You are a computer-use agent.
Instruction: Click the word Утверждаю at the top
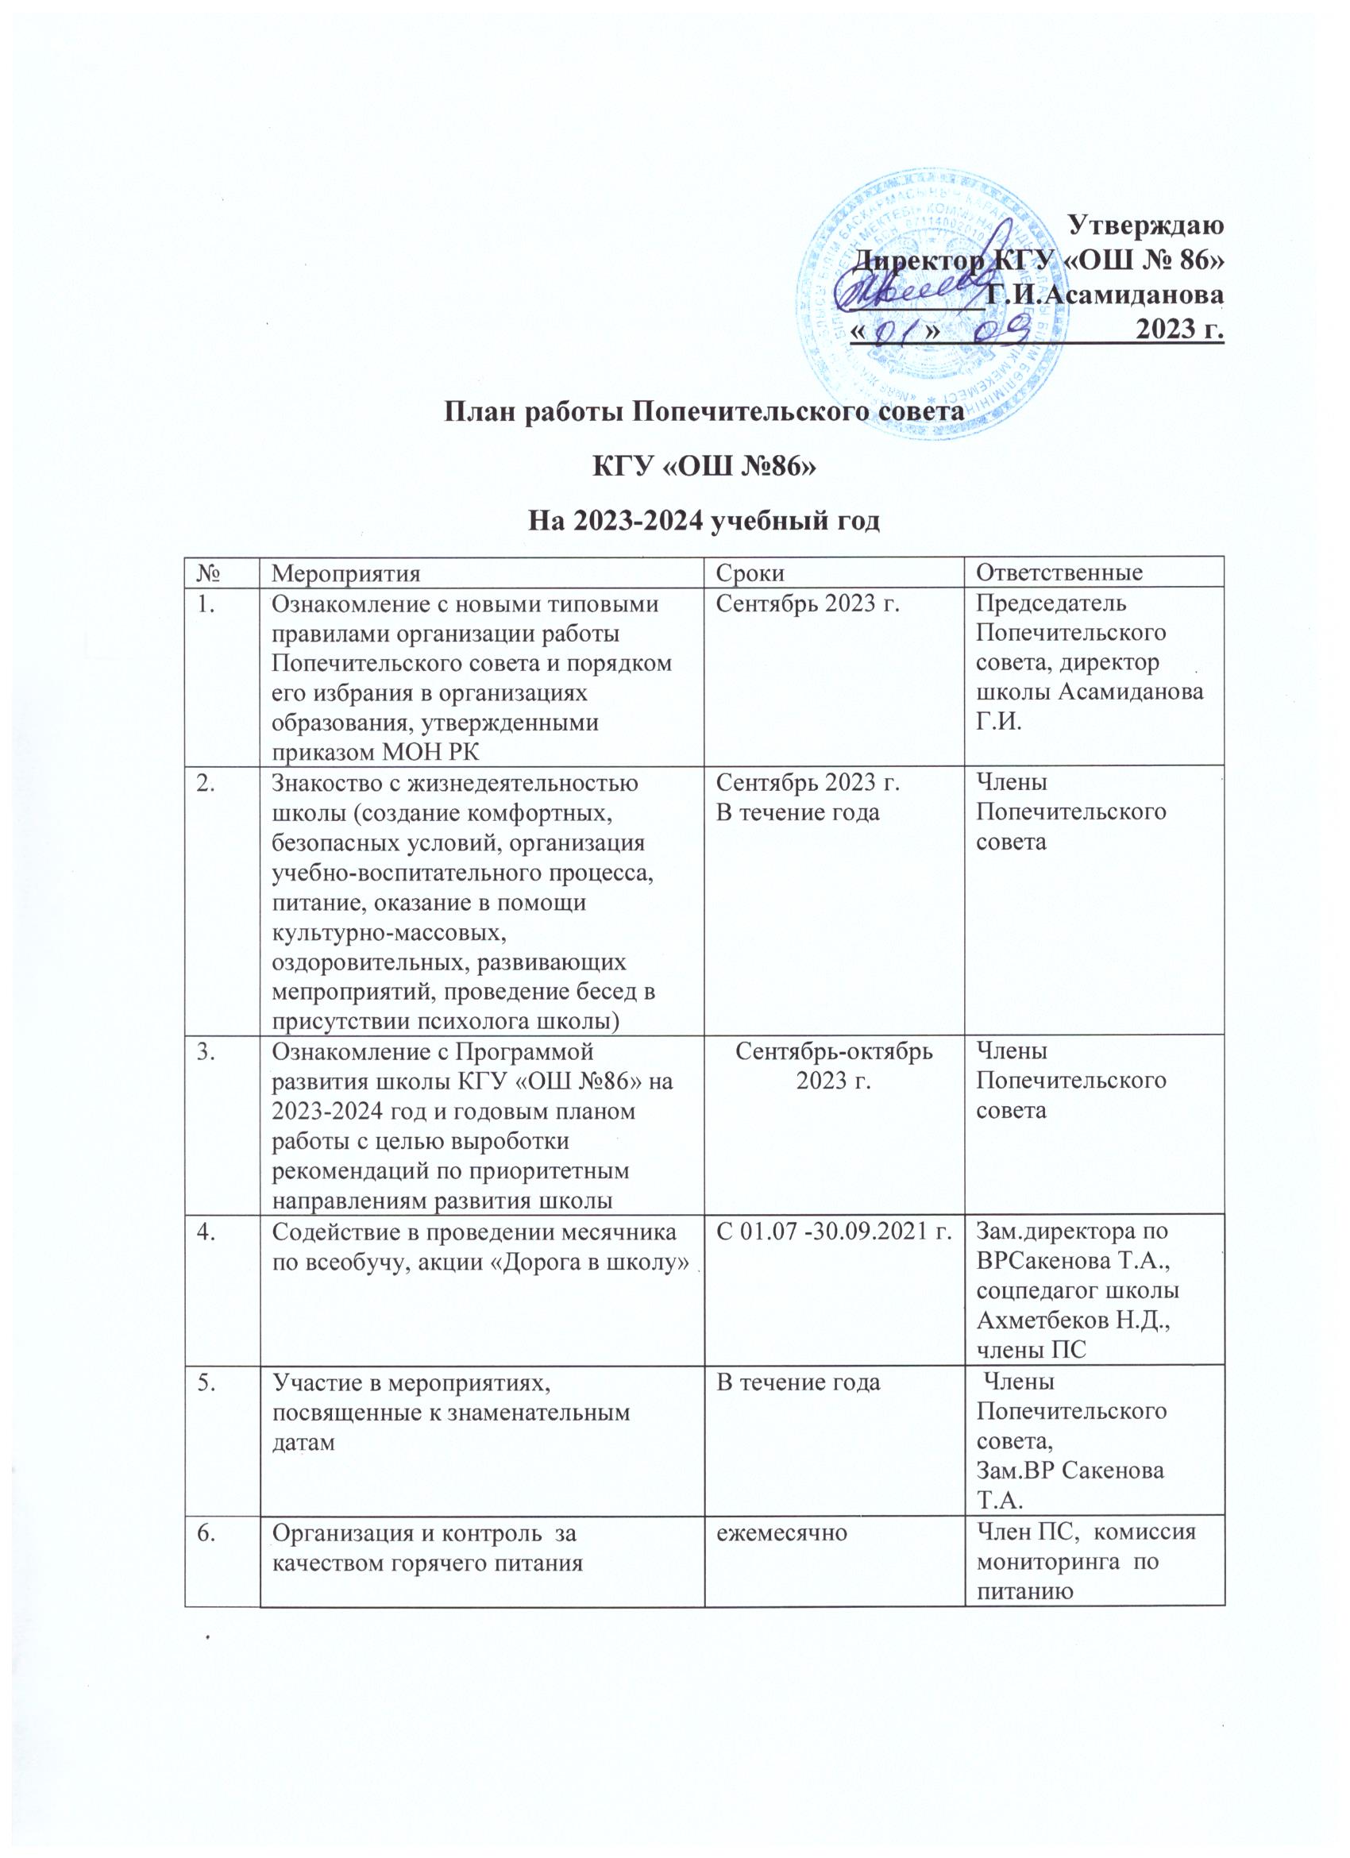click(x=1147, y=226)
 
